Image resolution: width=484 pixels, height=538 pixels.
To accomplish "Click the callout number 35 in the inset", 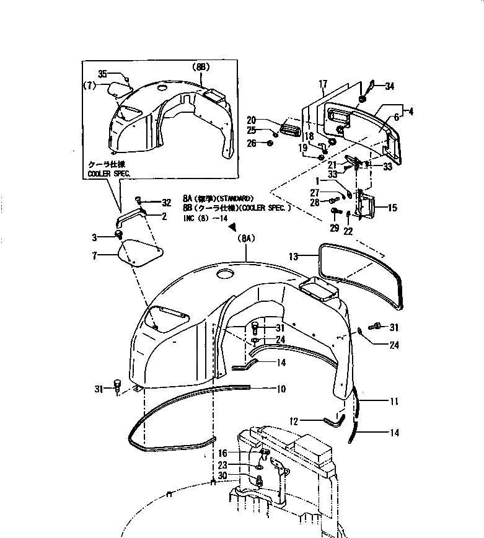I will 103,74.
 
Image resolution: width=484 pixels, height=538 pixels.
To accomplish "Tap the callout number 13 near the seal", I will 294,256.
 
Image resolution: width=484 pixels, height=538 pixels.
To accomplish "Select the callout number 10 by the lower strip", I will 281,389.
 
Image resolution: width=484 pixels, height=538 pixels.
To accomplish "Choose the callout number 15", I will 393,209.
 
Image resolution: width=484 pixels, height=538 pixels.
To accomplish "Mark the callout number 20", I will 252,120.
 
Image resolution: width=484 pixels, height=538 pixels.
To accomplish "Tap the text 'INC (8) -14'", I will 205,218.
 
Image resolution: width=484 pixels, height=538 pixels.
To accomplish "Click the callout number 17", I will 322,83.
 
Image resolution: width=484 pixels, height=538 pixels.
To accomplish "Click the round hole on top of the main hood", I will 224,273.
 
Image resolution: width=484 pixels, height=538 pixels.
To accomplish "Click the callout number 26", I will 252,144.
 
